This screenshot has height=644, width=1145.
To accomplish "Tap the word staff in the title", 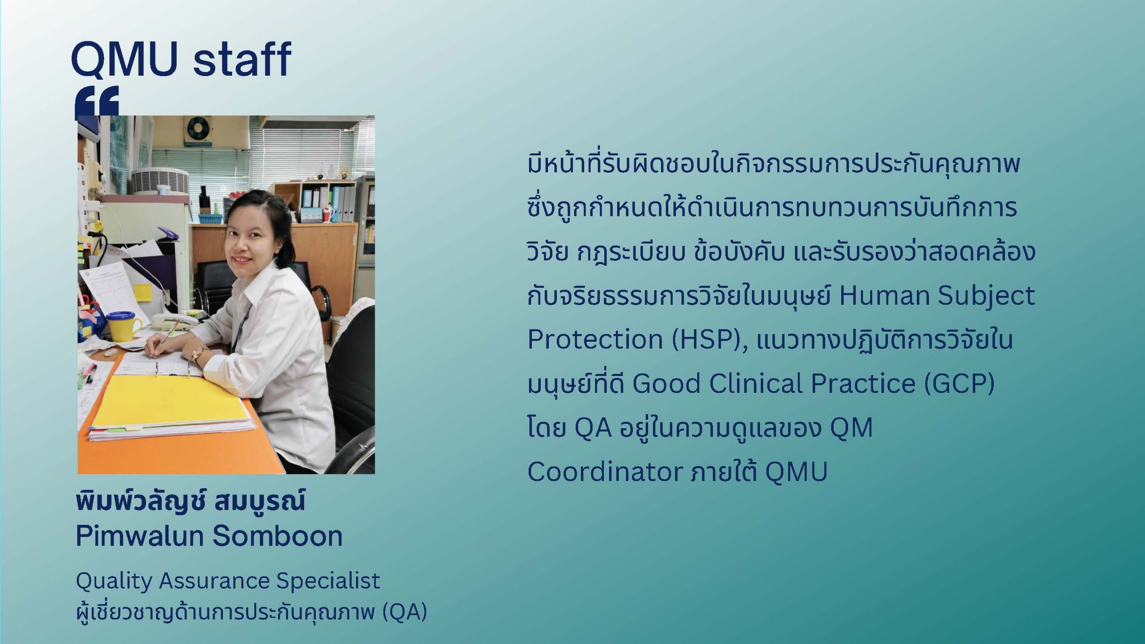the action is [x=242, y=59].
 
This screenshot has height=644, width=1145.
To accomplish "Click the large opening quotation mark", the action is [x=97, y=102].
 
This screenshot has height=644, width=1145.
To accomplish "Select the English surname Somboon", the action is [x=277, y=536].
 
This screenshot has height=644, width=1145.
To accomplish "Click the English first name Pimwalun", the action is [x=139, y=536].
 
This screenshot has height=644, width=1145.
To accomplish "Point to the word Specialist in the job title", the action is [x=328, y=581].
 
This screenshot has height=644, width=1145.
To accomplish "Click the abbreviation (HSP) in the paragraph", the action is [x=709, y=339].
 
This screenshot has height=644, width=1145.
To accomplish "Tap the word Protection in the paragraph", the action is [x=595, y=339].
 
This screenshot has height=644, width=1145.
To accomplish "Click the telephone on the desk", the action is [x=175, y=322].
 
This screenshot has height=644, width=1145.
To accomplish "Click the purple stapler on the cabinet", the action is [x=168, y=233].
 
